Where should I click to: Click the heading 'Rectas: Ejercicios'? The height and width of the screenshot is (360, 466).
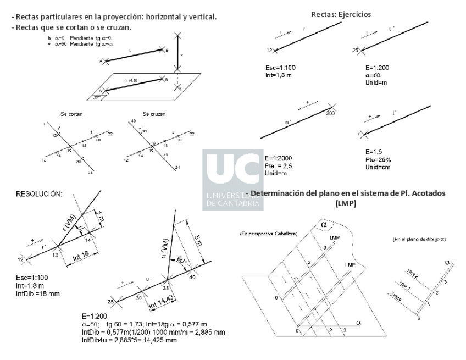point(341,14)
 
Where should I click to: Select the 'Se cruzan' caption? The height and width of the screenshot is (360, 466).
point(154,114)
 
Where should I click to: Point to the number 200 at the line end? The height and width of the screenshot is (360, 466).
point(330,113)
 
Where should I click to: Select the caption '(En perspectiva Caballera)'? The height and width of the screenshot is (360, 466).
point(268,235)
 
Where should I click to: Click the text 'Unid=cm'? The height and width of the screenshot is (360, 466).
point(378,167)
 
